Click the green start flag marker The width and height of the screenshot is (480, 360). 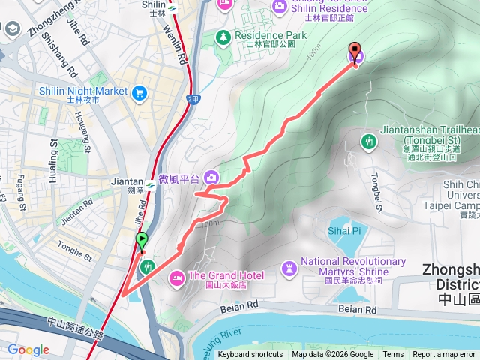(x=142, y=241)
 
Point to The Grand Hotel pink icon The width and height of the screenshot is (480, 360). (x=177, y=277)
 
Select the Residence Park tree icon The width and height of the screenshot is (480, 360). (x=223, y=36)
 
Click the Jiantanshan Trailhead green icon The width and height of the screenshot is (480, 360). (x=367, y=141)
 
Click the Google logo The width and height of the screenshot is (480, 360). (x=28, y=349)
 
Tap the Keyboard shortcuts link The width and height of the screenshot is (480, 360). (x=250, y=355)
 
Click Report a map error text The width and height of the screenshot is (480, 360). (x=444, y=355)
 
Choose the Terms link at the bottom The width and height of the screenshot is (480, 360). (x=393, y=355)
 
